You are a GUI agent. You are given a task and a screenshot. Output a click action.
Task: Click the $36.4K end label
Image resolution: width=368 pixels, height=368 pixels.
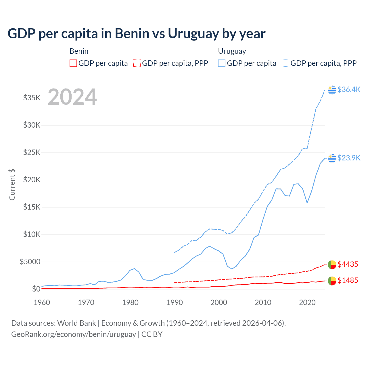click(x=349, y=89)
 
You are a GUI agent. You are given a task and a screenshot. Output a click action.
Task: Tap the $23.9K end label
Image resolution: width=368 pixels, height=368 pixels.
click(x=349, y=158)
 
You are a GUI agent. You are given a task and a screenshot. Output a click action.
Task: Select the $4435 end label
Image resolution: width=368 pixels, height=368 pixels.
click(x=348, y=264)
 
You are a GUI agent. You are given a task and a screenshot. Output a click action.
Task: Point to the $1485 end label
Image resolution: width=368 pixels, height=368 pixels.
click(x=348, y=280)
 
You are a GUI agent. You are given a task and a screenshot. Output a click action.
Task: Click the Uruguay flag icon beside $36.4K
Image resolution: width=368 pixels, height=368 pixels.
click(x=332, y=90)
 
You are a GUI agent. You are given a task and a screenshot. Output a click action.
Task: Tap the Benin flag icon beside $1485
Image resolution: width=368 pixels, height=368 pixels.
click(x=332, y=281)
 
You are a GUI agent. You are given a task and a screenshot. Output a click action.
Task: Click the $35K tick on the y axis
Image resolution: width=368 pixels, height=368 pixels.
click(x=32, y=98)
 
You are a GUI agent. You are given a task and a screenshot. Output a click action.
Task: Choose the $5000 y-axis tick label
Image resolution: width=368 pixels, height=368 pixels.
click(x=30, y=262)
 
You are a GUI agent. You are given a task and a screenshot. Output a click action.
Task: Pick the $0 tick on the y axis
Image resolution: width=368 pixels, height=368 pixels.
click(x=36, y=289)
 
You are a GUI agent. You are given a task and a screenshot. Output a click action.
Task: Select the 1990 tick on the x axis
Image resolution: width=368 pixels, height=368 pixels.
click(x=175, y=302)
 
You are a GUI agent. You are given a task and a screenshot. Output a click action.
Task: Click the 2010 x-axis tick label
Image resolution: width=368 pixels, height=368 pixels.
click(x=263, y=302)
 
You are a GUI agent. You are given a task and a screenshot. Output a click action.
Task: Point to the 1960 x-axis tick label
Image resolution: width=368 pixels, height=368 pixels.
click(x=42, y=302)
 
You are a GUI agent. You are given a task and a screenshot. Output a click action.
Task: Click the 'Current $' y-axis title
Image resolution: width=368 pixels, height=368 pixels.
click(x=12, y=185)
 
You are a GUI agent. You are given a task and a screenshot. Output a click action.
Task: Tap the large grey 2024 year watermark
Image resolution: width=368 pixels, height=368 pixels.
click(x=72, y=97)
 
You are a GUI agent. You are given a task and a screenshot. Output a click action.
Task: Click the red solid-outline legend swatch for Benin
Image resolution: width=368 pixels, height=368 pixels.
click(x=73, y=63)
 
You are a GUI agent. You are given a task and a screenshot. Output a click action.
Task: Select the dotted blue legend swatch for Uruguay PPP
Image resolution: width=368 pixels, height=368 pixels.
click(x=285, y=63)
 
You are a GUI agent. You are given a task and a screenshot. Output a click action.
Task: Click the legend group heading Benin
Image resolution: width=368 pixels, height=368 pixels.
click(x=79, y=51)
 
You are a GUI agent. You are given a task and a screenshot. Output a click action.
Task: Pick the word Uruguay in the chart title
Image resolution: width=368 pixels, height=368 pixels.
click(x=193, y=34)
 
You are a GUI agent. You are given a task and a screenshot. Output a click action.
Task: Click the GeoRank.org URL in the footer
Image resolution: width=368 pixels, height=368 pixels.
click(x=74, y=334)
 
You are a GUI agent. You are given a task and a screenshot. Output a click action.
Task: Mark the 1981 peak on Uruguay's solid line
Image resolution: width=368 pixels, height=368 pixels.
click(x=134, y=269)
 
